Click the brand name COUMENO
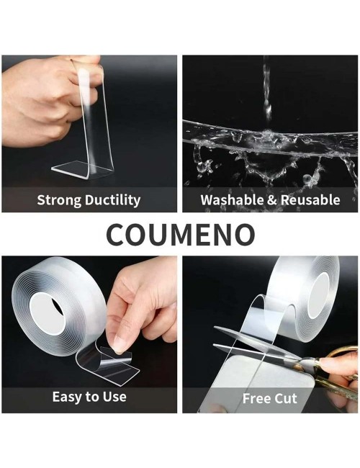[180, 234]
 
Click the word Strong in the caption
[60, 200]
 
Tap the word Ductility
[113, 200]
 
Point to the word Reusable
[310, 199]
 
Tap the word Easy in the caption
[67, 397]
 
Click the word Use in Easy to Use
[114, 397]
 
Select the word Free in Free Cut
[256, 398]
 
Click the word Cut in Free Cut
[286, 398]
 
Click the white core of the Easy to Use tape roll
[47, 313]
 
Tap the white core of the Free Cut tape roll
[318, 295]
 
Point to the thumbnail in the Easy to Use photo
[122, 343]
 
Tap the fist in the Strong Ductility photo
[45, 102]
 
